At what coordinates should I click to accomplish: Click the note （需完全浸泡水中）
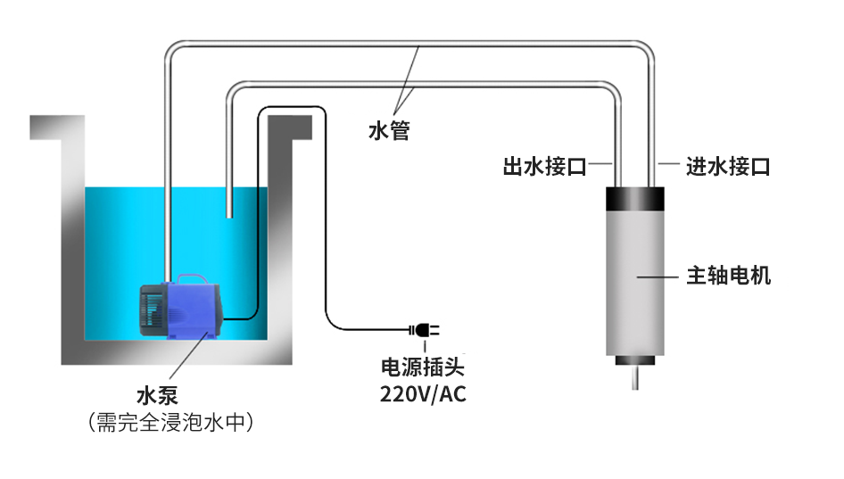170,421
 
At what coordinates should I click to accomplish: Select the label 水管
389,131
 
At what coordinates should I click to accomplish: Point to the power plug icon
424,330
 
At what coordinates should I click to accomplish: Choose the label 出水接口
544,167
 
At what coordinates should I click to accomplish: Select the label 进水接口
727,167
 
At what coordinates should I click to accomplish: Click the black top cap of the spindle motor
635,199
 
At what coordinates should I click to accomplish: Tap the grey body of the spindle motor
635,294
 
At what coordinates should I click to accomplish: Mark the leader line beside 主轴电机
656,277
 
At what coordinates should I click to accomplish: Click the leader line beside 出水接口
600,165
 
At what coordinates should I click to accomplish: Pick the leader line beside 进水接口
668,165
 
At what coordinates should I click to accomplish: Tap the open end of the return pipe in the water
230,214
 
